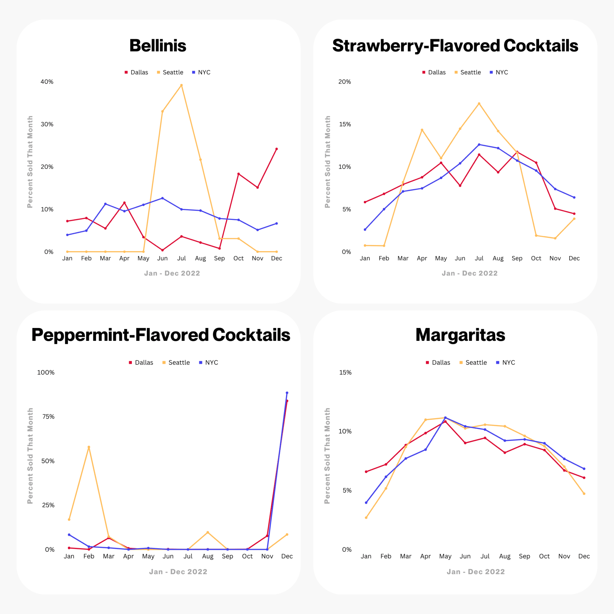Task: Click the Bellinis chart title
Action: [158, 46]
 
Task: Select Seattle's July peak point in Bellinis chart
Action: [181, 85]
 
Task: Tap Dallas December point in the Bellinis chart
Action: [276, 149]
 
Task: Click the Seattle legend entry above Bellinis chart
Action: [170, 73]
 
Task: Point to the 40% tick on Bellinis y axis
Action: [47, 82]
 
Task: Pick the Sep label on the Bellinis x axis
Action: [219, 258]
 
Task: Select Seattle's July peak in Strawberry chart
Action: [479, 104]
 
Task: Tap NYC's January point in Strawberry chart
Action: [365, 229]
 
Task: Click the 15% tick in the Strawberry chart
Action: [345, 124]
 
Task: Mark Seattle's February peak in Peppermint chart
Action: [89, 447]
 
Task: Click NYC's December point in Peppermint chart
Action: [287, 393]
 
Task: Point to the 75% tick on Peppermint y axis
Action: [48, 417]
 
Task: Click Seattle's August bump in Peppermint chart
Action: [207, 532]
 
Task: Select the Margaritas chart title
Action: [460, 335]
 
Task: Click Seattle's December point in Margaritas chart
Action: [584, 493]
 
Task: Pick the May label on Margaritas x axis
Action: [445, 556]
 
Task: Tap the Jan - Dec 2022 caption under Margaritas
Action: [476, 572]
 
